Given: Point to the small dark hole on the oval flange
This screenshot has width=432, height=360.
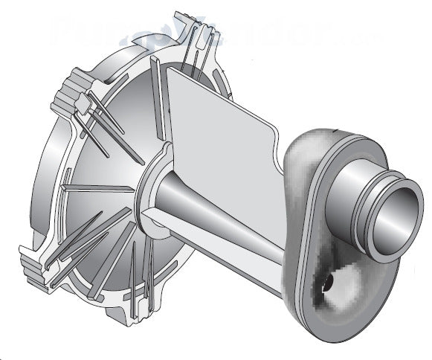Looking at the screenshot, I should click(x=324, y=282).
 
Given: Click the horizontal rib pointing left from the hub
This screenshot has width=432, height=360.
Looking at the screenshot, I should click(x=97, y=186).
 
